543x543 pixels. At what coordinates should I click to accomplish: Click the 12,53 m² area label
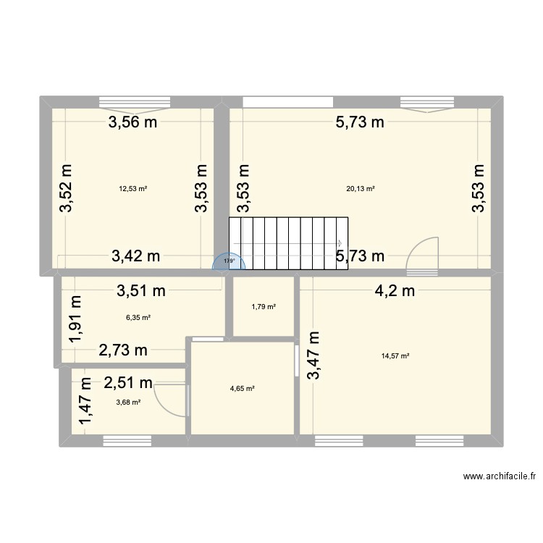(x=133, y=189)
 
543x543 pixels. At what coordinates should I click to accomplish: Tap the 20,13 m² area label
(x=361, y=189)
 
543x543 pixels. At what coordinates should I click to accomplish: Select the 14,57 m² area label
(x=395, y=355)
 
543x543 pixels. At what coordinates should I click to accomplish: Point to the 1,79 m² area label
(x=264, y=307)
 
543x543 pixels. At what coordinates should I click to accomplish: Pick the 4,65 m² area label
(x=242, y=389)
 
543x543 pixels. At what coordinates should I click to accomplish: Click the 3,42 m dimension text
(x=135, y=255)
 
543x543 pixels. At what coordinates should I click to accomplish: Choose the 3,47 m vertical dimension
(x=313, y=355)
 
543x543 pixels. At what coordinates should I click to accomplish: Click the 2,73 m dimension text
(x=123, y=350)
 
